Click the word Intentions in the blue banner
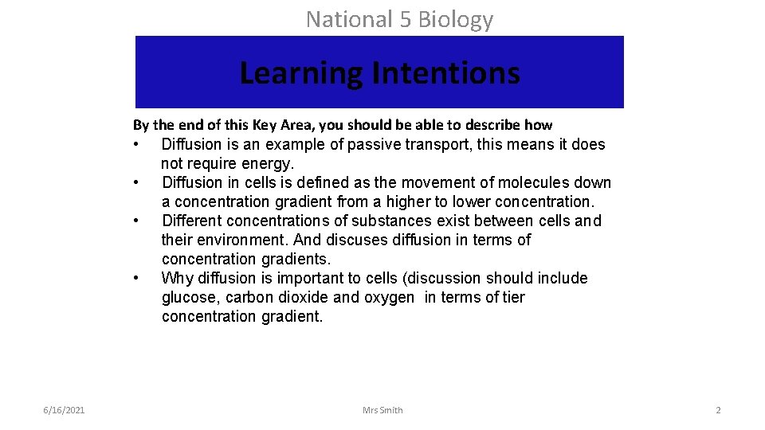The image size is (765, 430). coord(446,73)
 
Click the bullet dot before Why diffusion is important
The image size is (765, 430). coord(138,279)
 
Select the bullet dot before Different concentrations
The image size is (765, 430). coord(138,221)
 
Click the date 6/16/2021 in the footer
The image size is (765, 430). coord(65,410)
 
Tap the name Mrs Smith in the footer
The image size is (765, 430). coord(382,410)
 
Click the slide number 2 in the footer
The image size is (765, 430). coord(718,410)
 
